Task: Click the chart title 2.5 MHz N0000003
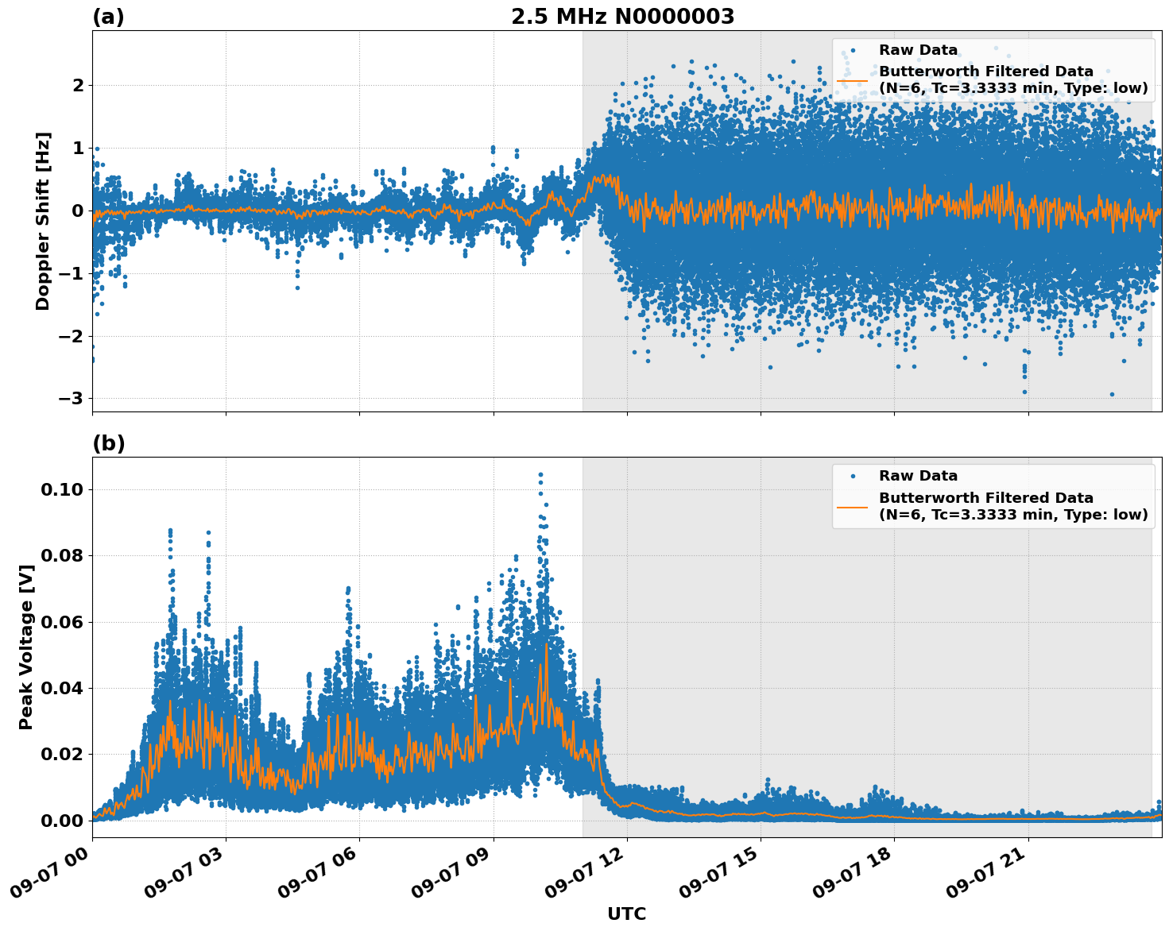[x=622, y=17]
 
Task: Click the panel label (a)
[x=108, y=17]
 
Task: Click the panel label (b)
[x=108, y=443]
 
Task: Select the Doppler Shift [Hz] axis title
[x=43, y=221]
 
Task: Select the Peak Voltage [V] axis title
[x=26, y=664]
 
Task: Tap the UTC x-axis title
[x=626, y=914]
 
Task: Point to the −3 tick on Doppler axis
[x=72, y=398]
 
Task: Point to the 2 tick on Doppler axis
[x=78, y=85]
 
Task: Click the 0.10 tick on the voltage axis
[x=63, y=489]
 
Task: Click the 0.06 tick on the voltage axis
[x=63, y=622]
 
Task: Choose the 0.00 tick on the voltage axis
[x=63, y=821]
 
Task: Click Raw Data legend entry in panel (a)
[x=918, y=50]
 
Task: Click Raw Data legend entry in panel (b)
[x=918, y=476]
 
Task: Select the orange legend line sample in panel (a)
[x=852, y=80]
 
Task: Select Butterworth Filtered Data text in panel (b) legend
[x=985, y=498]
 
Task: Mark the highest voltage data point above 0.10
[x=540, y=475]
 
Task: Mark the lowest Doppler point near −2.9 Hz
[x=1112, y=394]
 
